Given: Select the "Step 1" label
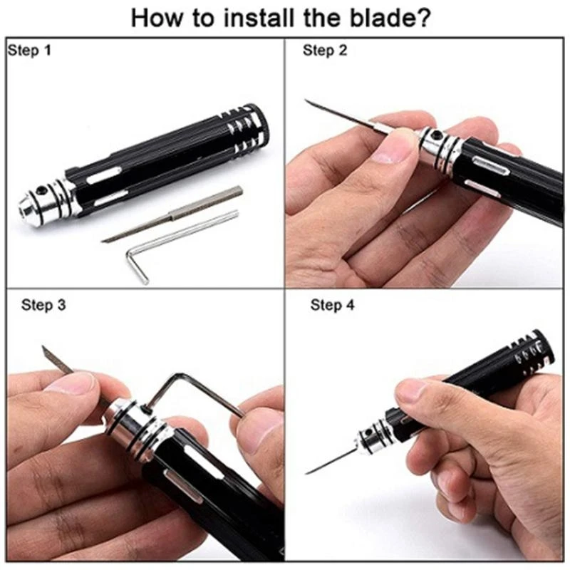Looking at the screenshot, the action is click(x=30, y=50).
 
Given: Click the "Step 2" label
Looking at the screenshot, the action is click(x=325, y=51).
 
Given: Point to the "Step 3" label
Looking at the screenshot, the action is click(x=43, y=305).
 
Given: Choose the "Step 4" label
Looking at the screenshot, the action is click(x=332, y=305).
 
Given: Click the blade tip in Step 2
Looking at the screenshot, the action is click(x=306, y=100).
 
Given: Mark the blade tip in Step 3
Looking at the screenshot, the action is click(x=43, y=346).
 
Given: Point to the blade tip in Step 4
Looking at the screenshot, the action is click(x=307, y=473).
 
